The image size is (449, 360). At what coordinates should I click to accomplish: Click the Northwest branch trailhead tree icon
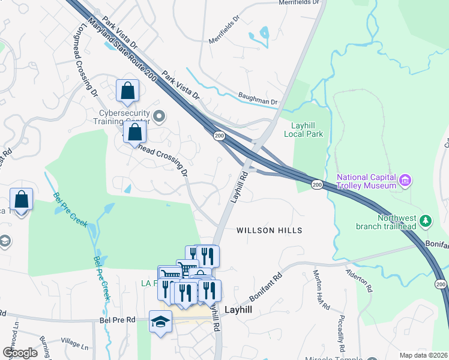coord(426,221)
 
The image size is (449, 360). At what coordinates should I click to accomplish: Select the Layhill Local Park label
coord(307,130)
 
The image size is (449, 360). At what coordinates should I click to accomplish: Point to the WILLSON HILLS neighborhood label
coord(269,230)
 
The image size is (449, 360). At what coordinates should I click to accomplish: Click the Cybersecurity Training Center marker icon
coord(158,116)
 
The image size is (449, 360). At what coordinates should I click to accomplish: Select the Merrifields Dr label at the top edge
coord(298,2)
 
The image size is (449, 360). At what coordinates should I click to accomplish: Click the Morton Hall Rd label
coord(321,290)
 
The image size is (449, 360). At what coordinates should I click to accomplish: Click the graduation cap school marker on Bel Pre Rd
coord(161,322)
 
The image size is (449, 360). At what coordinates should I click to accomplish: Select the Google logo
coord(20,353)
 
